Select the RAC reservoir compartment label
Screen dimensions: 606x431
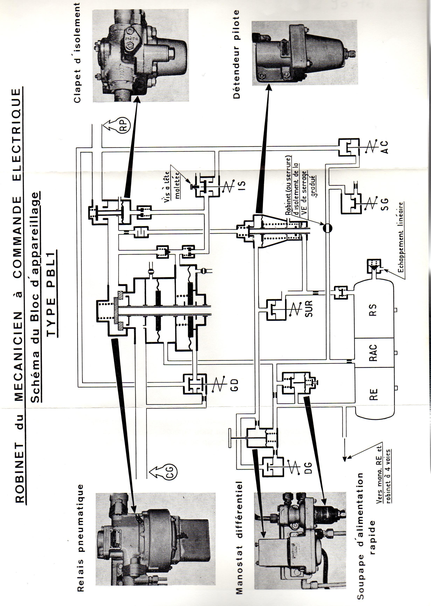373,353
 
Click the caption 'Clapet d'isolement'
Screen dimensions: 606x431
77,53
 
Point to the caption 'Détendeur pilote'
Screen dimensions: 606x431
236,55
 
